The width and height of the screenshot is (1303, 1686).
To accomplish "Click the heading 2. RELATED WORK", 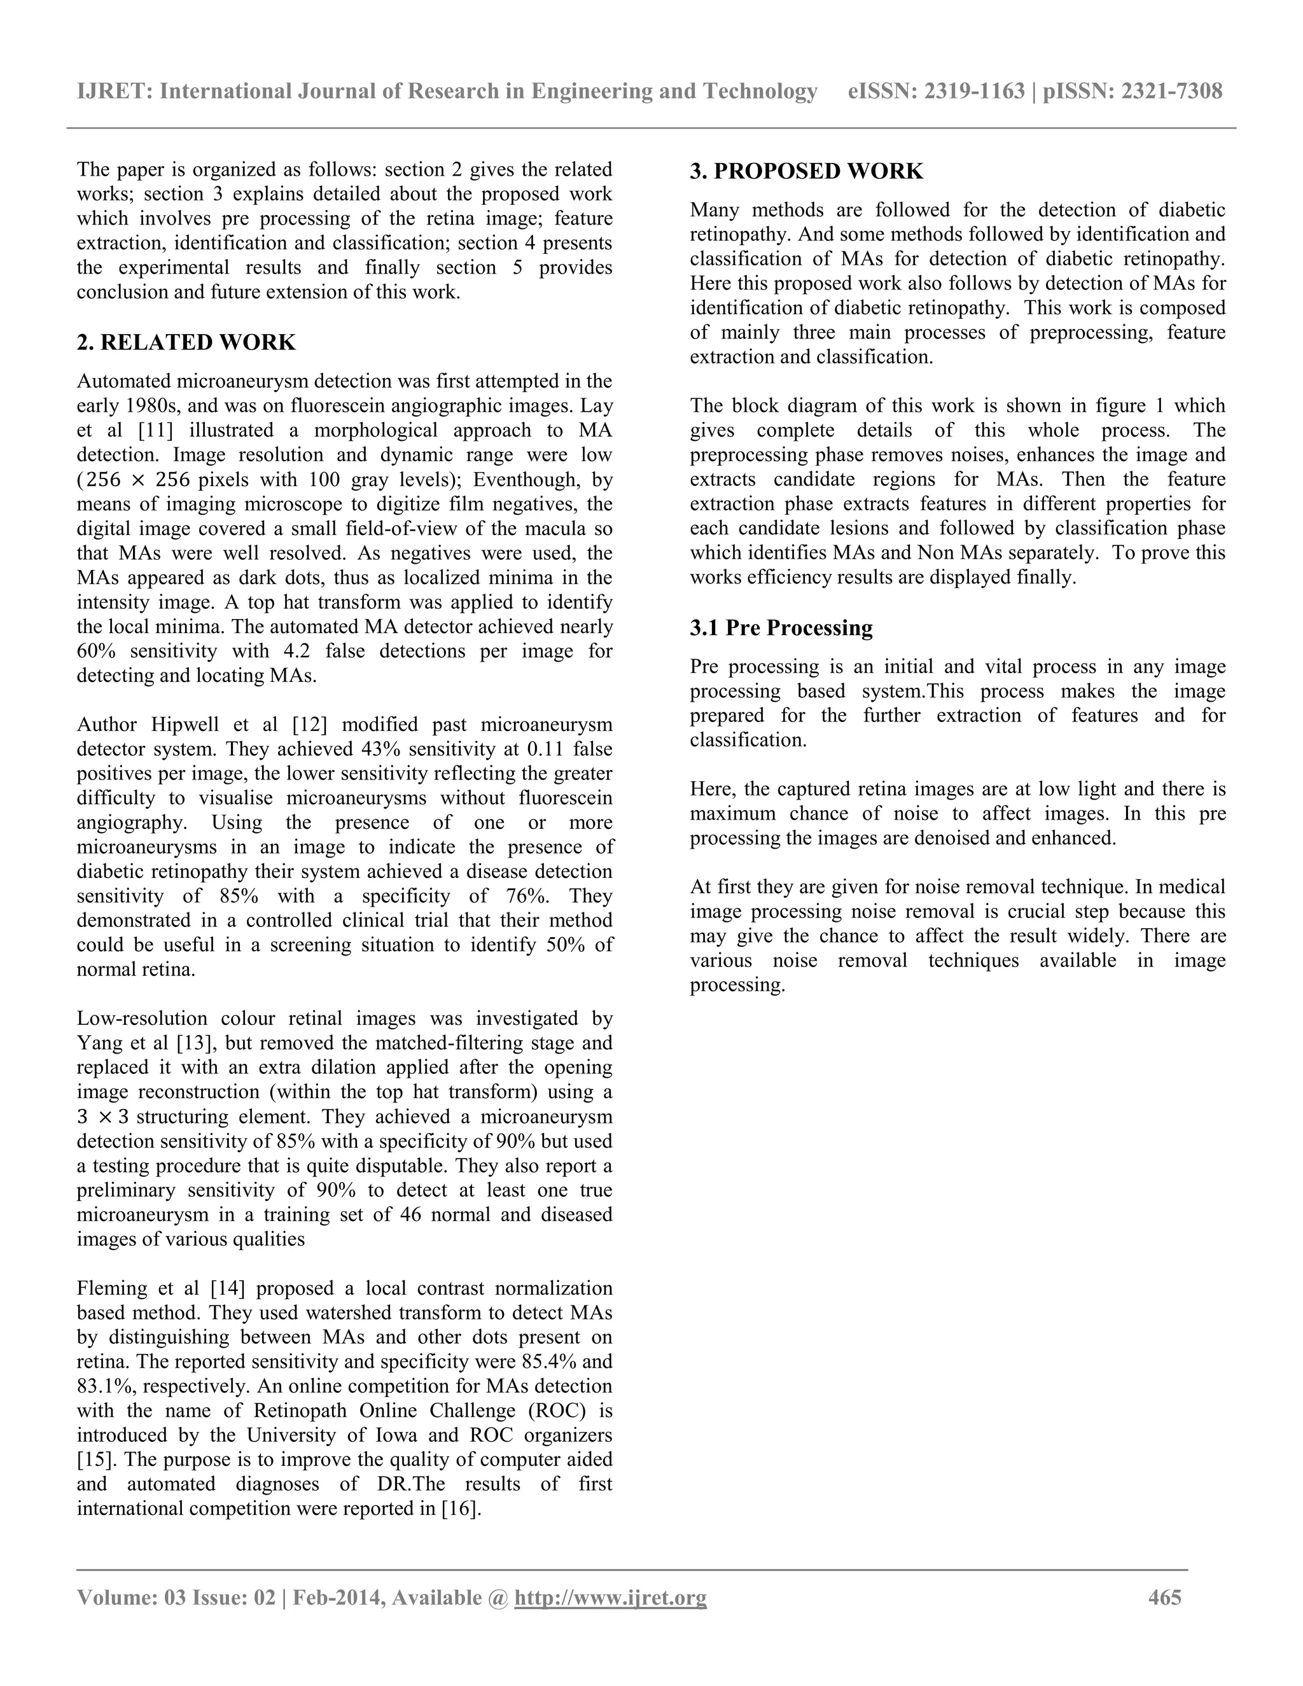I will [x=186, y=342].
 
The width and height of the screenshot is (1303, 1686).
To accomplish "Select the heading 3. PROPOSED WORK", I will [x=806, y=171].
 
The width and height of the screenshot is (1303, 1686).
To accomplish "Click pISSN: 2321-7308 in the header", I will [x=1132, y=92].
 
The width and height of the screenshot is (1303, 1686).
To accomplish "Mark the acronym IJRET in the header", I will [x=115, y=92].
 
